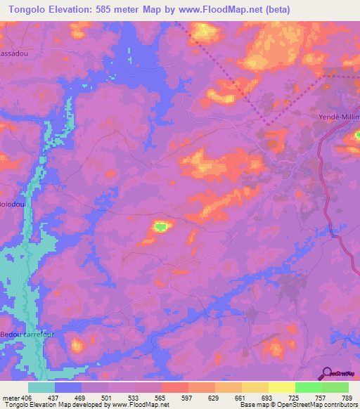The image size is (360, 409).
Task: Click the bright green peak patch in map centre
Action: click(x=161, y=226)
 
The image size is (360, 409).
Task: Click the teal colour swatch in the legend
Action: click(x=41, y=387)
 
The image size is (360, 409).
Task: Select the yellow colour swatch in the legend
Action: click(x=281, y=387)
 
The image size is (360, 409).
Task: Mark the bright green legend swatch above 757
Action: click(x=308, y=387)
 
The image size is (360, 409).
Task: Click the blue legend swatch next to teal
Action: click(x=67, y=387)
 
